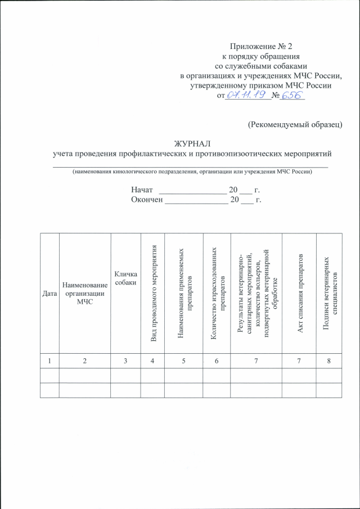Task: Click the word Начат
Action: tap(142, 190)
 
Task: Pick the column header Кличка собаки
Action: tap(125, 277)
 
